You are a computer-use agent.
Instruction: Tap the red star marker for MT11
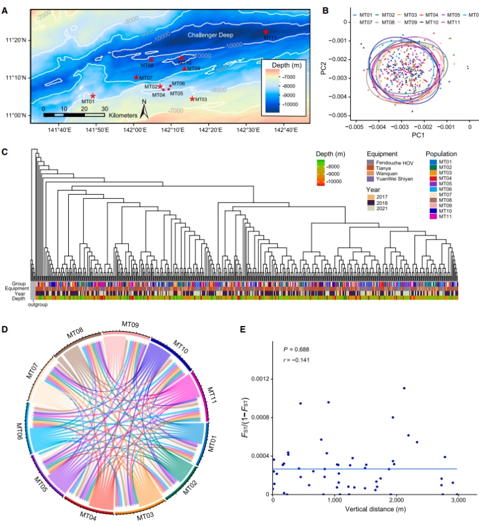(x=266, y=32)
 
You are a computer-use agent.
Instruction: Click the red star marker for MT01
(x=92, y=96)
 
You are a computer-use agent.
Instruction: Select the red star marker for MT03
(x=192, y=99)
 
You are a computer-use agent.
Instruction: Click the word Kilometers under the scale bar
(x=123, y=114)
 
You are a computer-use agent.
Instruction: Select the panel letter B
(x=326, y=10)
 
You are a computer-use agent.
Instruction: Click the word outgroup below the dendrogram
(x=37, y=304)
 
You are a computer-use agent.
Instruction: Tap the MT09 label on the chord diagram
(x=130, y=324)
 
